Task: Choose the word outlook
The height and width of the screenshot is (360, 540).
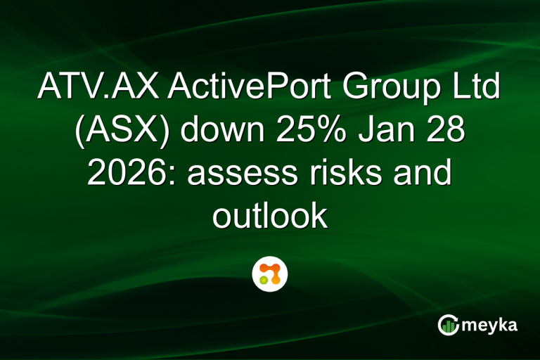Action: pyautogui.click(x=270, y=216)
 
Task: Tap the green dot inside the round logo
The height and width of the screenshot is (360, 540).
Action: pyautogui.click(x=264, y=280)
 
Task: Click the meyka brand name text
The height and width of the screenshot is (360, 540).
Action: pyautogui.click(x=493, y=325)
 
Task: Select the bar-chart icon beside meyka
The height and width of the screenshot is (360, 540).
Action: pyautogui.click(x=448, y=325)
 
